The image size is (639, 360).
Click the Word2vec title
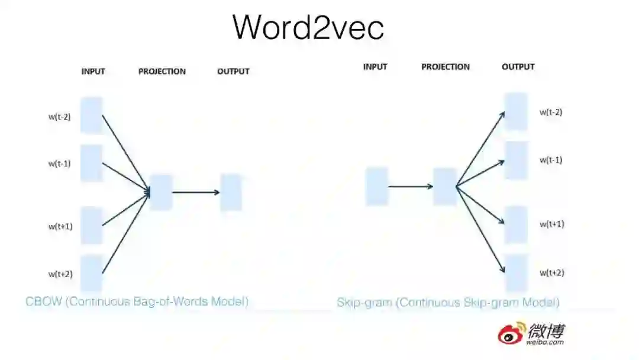tap(308, 27)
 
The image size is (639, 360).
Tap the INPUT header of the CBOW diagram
tap(93, 72)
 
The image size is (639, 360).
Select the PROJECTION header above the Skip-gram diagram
tap(445, 67)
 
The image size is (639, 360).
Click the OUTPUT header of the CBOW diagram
tap(233, 72)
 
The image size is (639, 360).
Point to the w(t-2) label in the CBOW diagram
tap(60, 117)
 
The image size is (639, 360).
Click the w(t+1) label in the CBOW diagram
tap(60, 226)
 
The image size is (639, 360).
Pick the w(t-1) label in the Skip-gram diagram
tap(551, 160)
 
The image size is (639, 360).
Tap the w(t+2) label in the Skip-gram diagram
tap(551, 272)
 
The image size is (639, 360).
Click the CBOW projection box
tap(161, 192)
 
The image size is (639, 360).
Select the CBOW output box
tap(231, 192)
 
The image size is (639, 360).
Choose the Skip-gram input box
tap(377, 187)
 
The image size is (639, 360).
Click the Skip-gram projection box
tap(445, 187)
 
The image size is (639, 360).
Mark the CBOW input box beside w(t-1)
tap(91, 163)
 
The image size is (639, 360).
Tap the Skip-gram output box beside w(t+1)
tap(515, 224)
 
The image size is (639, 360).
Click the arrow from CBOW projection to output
tap(195, 192)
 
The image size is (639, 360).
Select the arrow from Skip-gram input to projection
tap(411, 187)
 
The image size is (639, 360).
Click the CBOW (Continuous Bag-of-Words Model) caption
tap(137, 301)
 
